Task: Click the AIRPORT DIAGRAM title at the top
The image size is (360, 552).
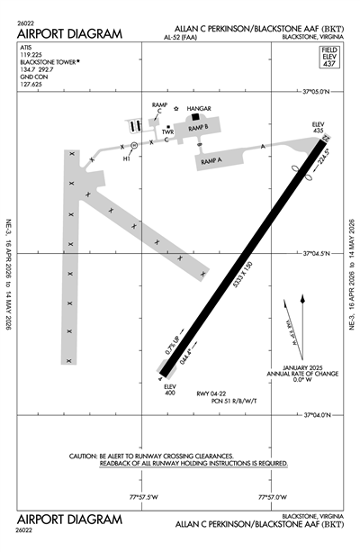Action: (68, 33)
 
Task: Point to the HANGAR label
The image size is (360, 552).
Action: (200, 108)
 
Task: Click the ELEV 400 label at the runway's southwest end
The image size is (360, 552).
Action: (168, 389)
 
